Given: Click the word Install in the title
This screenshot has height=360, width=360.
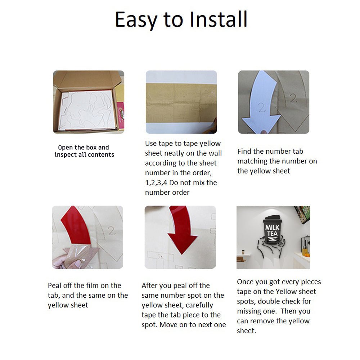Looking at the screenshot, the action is (x=219, y=19).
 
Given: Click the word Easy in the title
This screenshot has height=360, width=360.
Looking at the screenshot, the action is (x=136, y=21).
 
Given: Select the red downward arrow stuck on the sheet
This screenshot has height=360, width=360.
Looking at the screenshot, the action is (x=181, y=232).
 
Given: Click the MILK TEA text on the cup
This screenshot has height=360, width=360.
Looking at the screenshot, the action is (x=272, y=230).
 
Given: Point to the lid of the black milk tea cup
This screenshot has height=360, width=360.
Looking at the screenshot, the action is (x=273, y=219).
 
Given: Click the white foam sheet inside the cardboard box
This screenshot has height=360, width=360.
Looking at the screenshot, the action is (x=87, y=110).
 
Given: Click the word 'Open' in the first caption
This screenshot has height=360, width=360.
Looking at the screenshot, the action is (x=66, y=148).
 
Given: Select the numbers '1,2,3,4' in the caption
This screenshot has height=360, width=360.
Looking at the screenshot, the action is (x=156, y=183).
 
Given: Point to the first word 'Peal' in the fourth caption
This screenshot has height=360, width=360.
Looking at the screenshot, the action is (x=54, y=285).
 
